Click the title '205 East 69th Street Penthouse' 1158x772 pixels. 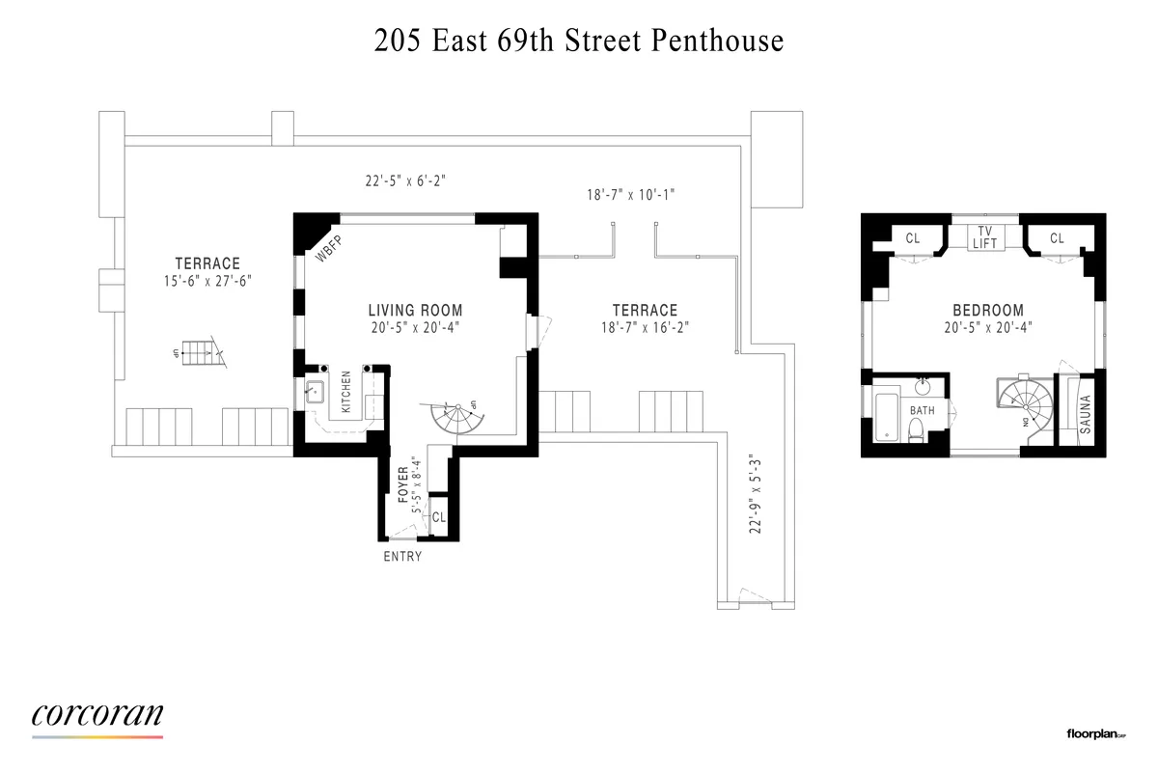578,41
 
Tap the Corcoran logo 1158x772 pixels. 97,715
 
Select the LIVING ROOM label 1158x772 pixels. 415,311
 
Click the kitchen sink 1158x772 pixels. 315,393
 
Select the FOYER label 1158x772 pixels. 404,483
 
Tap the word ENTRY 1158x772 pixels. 402,557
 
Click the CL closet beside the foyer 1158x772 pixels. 438,516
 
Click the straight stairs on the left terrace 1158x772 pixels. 200,354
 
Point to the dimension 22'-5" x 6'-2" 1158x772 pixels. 406,179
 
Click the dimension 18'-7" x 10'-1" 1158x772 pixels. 631,194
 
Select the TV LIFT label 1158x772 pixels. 985,236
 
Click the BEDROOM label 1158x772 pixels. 987,311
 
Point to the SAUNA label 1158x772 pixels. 1085,413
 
